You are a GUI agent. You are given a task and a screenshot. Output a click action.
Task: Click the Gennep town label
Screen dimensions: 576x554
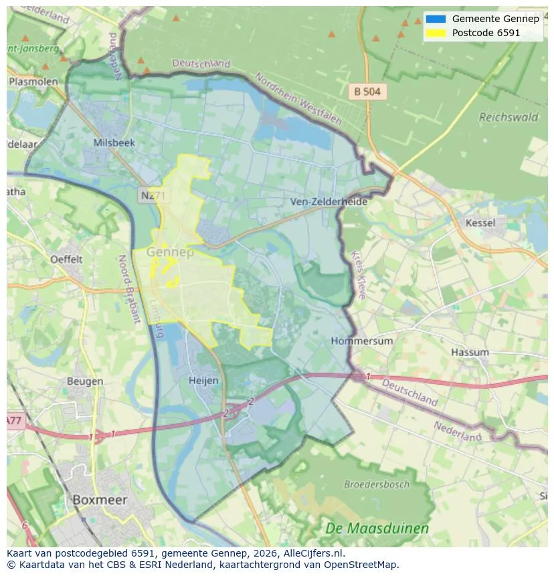[x=169, y=252]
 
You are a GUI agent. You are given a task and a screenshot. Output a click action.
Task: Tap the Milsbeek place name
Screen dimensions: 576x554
[x=114, y=143]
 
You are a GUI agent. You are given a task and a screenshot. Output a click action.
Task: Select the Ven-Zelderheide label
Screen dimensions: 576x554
[x=329, y=201]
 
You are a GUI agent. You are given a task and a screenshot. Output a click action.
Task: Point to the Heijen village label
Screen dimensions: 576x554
[x=203, y=380]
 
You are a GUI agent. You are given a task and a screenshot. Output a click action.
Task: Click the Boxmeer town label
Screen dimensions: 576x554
[x=99, y=500]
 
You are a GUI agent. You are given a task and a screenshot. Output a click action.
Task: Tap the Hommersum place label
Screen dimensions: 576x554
[x=362, y=341]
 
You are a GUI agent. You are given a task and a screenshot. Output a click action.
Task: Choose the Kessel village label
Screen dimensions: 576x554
[x=480, y=223]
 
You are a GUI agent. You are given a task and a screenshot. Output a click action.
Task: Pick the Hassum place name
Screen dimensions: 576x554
[x=469, y=352]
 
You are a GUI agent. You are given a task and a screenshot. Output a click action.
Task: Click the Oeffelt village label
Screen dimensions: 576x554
[x=66, y=259]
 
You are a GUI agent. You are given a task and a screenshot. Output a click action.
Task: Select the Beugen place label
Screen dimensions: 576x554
[x=85, y=381]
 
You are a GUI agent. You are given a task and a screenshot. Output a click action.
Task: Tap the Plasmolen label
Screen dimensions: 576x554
[x=33, y=82]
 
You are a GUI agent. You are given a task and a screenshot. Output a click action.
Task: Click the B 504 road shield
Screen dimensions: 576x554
[x=367, y=92]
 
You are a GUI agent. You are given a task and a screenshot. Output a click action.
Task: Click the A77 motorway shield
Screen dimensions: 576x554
[x=14, y=421]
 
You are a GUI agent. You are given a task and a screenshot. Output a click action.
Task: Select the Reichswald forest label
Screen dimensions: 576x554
[x=509, y=117]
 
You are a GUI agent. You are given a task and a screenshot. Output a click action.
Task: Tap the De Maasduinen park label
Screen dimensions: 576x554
[x=377, y=529]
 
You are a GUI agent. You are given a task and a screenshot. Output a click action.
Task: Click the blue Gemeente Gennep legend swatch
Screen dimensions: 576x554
[x=435, y=19]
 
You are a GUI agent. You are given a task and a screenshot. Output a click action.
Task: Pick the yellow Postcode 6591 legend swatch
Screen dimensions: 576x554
[x=435, y=33]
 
